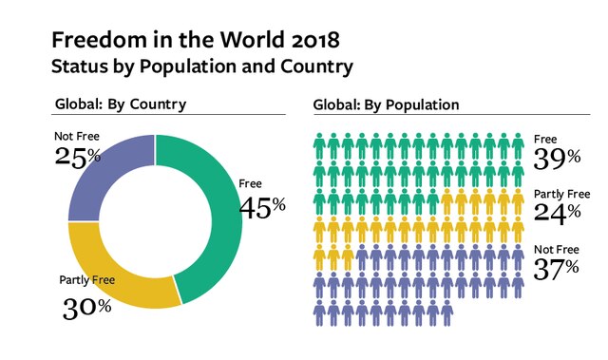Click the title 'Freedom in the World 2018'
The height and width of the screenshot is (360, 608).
click(x=194, y=41)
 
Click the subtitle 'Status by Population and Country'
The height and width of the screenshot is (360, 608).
click(x=202, y=67)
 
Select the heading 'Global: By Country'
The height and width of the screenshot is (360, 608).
click(x=121, y=104)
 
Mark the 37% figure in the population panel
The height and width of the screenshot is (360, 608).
click(x=556, y=268)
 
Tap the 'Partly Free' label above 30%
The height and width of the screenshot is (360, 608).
click(x=89, y=280)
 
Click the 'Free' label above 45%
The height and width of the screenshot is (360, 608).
click(x=251, y=183)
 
